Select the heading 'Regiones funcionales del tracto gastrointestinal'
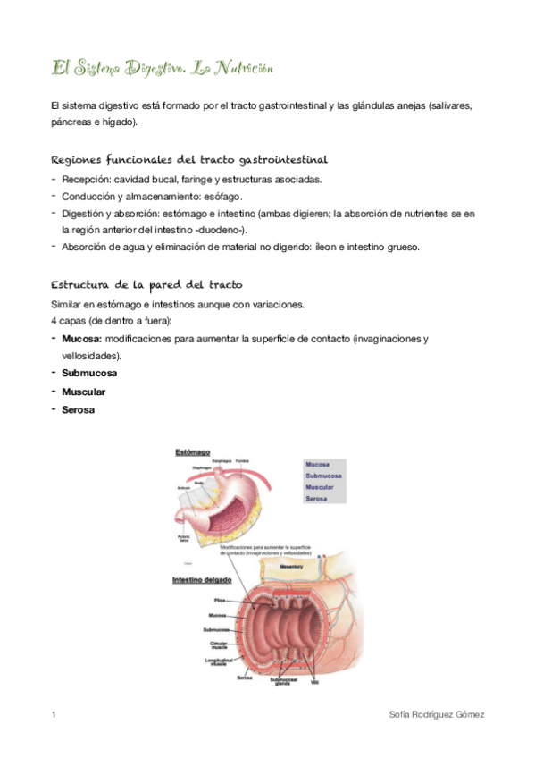[189, 160]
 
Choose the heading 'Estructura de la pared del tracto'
[147, 284]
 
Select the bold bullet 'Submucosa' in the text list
[89, 373]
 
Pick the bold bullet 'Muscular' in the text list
[84, 392]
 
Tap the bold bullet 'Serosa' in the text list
[79, 409]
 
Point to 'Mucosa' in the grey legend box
[317, 466]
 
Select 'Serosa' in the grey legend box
[316, 499]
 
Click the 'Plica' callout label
[219, 601]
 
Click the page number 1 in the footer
[54, 715]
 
